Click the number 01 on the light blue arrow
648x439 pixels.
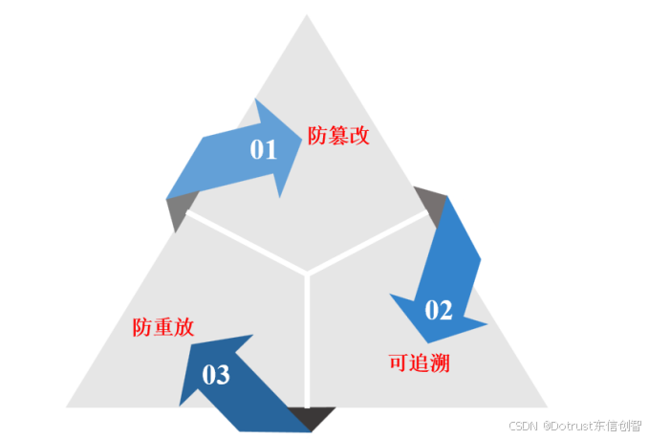(263, 149)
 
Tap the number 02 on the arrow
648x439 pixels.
(438, 309)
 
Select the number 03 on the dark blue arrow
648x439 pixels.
(216, 375)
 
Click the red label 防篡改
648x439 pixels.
(338, 135)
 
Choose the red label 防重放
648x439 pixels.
(163, 327)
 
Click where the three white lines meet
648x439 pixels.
(307, 274)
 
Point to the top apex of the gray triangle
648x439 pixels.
(307, 15)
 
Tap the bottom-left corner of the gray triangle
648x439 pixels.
(67, 406)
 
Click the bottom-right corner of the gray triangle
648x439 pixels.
(546, 406)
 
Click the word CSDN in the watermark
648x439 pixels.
(524, 426)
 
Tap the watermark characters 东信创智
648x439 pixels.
(618, 426)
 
